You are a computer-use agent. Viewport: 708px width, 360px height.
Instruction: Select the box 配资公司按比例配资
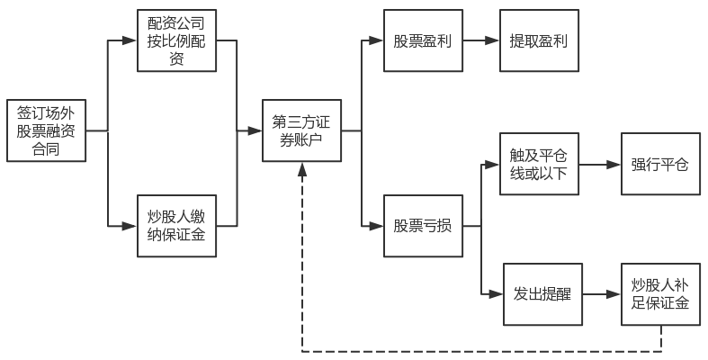tap(176, 40)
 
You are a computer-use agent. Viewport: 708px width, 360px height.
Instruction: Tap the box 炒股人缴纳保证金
tap(176, 225)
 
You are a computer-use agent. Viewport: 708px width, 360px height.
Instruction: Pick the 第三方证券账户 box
tap(302, 130)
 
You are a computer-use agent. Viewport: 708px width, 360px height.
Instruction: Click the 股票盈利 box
tap(424, 40)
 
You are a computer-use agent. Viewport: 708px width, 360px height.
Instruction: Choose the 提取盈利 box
tap(539, 40)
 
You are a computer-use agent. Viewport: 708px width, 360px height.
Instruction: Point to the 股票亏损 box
tap(424, 225)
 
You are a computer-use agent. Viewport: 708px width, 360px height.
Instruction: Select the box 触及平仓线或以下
tap(540, 164)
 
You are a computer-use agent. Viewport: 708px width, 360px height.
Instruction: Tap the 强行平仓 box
tap(659, 164)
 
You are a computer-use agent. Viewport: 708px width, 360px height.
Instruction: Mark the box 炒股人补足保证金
tap(659, 293)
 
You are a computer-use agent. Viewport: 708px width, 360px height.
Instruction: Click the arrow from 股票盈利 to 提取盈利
tap(481, 40)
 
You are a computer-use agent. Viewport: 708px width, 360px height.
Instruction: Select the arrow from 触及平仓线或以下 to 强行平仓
tap(599, 164)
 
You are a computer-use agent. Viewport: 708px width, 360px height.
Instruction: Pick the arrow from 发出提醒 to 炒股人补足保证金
tap(601, 293)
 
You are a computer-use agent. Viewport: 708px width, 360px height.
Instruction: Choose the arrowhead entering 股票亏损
tap(377, 225)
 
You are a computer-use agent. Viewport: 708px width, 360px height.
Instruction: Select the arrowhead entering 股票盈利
tap(377, 40)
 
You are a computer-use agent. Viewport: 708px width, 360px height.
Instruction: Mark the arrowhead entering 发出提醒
tap(496, 293)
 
